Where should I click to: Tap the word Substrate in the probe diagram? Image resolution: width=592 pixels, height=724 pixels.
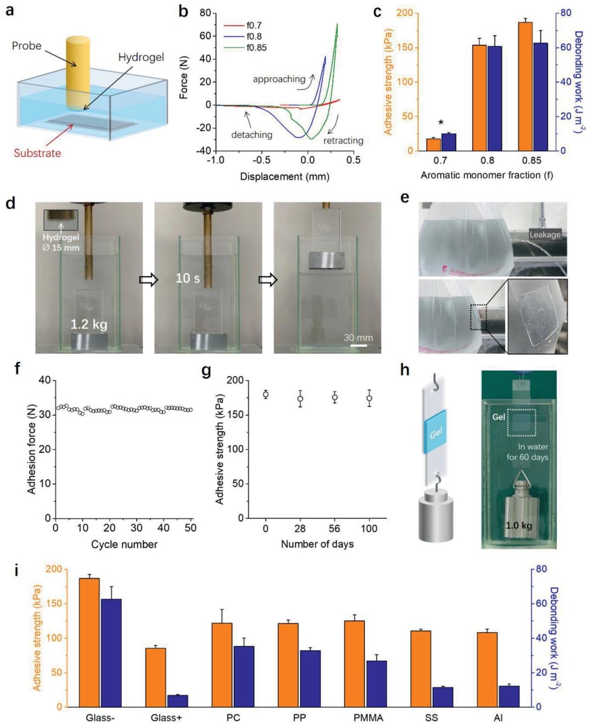coord(37,153)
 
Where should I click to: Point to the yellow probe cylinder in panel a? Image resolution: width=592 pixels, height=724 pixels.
coord(77,71)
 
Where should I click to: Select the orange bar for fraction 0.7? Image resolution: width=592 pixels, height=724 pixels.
coord(433,145)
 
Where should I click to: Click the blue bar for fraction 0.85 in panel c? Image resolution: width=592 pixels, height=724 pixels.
coord(540,97)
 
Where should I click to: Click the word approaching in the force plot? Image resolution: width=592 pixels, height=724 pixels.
coord(279,80)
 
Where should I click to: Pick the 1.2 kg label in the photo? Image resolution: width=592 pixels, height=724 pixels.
coord(89,324)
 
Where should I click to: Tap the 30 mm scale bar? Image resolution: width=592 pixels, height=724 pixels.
coord(358,346)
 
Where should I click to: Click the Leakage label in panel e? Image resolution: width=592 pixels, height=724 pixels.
coord(545,235)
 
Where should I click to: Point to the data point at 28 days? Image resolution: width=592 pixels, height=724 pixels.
coord(300,399)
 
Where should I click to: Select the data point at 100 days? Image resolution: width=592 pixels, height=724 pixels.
coord(369,398)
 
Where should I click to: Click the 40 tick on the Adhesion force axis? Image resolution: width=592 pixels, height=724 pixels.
coord(44,381)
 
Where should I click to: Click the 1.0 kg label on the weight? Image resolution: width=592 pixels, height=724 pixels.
coord(519,525)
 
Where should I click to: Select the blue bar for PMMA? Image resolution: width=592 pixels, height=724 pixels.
coord(377,683)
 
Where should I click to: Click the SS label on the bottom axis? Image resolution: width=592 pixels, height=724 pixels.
coord(432,717)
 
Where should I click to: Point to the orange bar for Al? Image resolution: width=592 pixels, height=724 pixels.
coord(487,670)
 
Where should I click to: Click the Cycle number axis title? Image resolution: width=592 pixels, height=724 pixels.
coord(124,545)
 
